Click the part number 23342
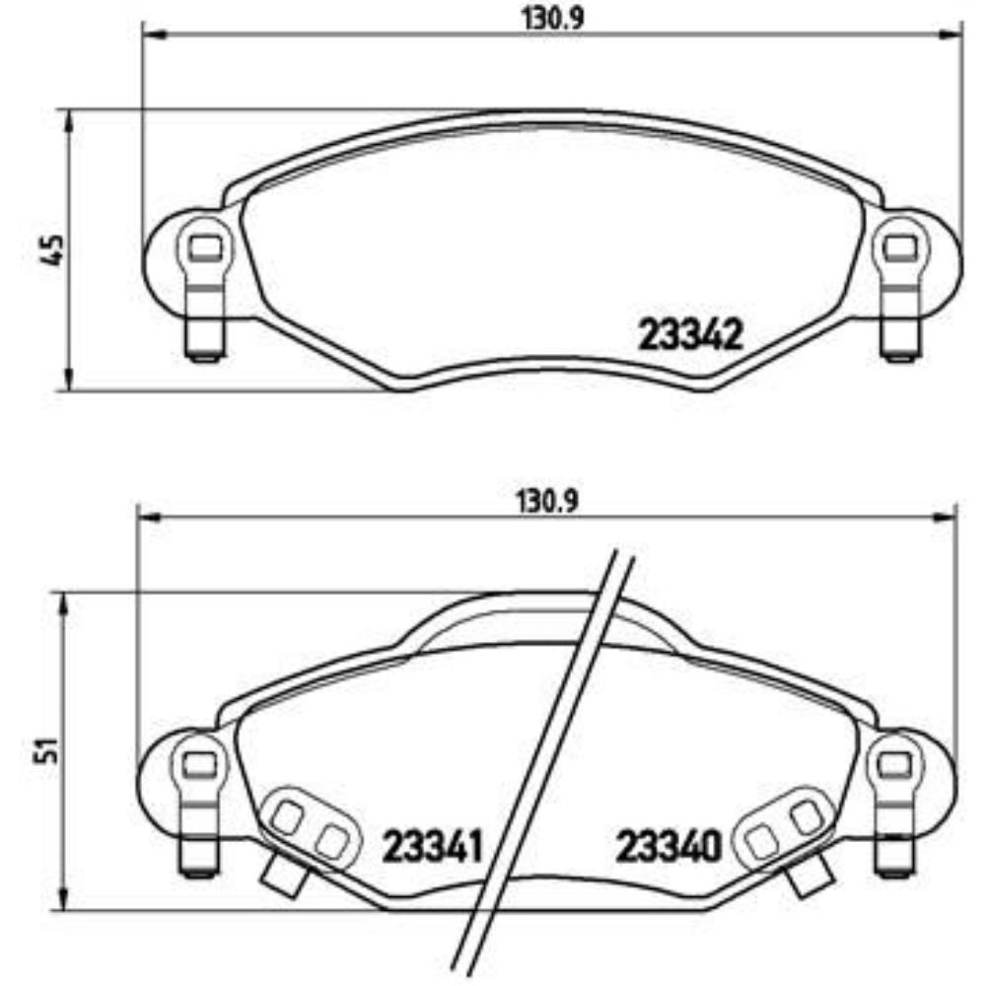pos(690,336)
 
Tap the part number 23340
pos(669,845)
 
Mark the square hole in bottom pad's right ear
pos(894,762)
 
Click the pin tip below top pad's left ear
pos(204,353)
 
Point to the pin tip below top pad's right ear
pos(896,353)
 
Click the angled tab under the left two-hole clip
pos(282,872)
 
